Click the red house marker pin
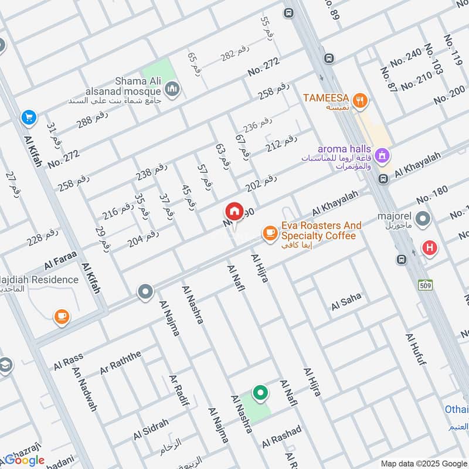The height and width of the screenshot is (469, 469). [234, 212]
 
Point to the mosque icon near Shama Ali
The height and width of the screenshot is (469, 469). [172, 89]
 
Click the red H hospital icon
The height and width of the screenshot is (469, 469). [430, 248]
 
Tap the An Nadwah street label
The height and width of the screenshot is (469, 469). [84, 389]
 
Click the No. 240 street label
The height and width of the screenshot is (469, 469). [406, 57]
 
